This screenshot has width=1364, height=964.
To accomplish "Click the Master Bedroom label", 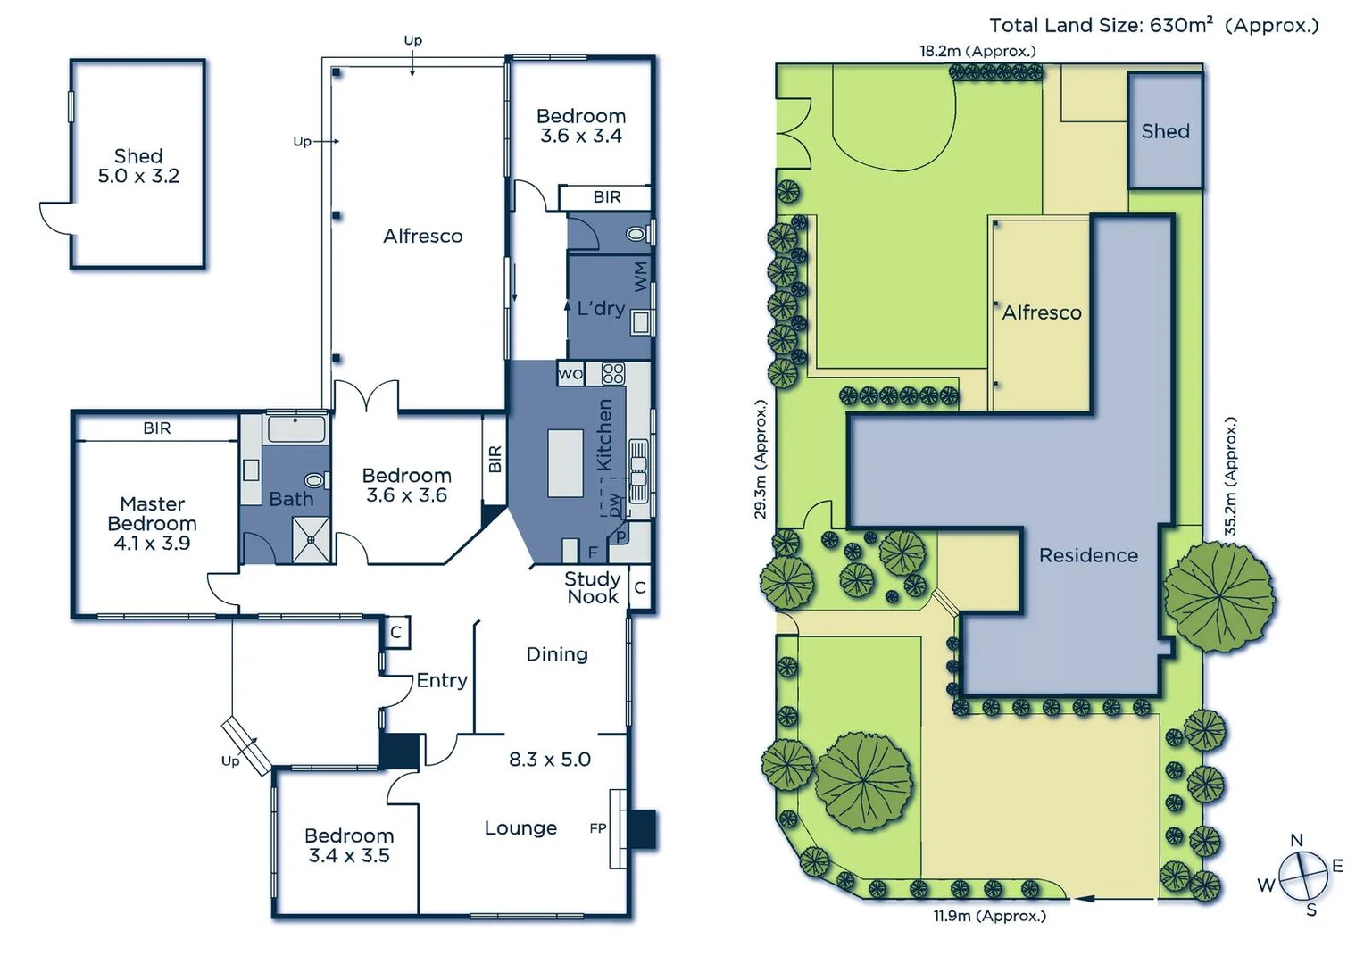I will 152,523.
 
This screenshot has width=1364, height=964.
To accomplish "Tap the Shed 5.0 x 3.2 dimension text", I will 138,176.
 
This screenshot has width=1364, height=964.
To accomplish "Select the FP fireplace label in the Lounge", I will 598,828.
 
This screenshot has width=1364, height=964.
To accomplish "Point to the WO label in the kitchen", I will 570,374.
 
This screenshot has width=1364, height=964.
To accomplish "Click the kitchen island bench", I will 565,462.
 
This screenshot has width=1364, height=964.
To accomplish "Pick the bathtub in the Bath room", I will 297,428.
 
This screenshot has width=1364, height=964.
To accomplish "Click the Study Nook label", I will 592,587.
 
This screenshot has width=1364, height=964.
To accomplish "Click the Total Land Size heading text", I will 1153,25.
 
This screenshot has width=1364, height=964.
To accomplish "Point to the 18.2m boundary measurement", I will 977,51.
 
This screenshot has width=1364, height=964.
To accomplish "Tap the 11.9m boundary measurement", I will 989,916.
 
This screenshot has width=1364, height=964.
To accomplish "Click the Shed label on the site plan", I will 1165,131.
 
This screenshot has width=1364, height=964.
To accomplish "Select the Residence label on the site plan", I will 1088,555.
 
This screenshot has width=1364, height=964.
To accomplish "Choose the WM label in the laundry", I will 641,277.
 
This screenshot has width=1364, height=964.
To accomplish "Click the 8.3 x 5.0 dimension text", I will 550,760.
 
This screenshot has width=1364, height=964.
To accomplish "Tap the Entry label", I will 442,680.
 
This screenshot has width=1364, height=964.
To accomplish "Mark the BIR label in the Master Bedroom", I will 157,428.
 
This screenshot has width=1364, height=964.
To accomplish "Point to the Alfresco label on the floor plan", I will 423,237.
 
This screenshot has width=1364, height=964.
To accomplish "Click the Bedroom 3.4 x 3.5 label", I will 349,845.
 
